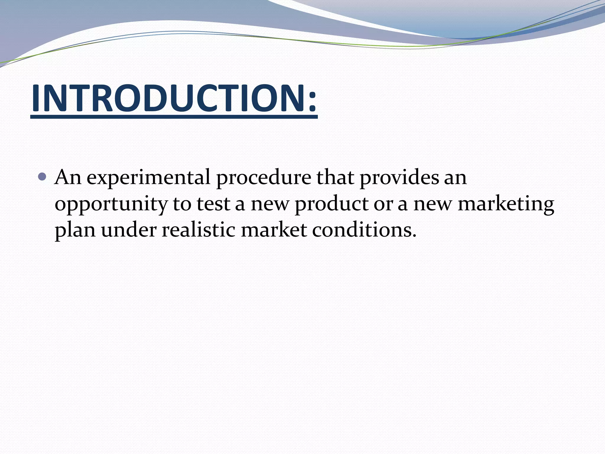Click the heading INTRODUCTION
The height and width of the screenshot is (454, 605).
click(174, 98)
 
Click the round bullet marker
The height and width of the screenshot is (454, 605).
click(43, 177)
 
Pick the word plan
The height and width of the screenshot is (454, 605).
click(75, 231)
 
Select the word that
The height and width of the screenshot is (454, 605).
click(335, 177)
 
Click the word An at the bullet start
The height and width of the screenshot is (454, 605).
click(68, 177)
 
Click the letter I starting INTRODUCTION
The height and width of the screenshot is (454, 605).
click(36, 98)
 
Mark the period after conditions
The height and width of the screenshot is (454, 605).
click(414, 236)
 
